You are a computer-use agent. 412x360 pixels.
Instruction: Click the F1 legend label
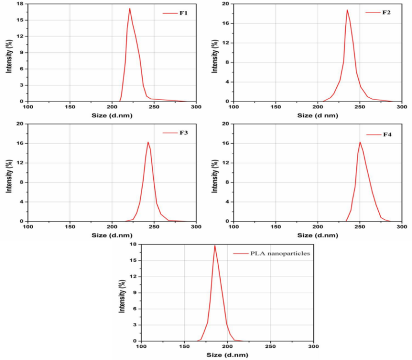point(184,13)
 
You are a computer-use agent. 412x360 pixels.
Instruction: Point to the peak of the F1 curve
point(130,8)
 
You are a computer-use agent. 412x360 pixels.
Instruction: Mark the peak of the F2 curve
point(347,10)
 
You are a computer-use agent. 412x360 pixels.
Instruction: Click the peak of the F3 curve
point(148,142)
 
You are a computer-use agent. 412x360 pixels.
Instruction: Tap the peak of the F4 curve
point(360,142)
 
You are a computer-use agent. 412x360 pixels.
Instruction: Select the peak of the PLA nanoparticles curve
point(215,245)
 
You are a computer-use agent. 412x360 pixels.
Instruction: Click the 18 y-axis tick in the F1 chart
point(21,4)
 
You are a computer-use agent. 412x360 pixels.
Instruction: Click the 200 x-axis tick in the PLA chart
point(227,347)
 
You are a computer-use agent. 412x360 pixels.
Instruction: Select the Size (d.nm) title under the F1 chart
point(112,115)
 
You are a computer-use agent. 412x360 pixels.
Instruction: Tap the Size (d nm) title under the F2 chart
point(318,115)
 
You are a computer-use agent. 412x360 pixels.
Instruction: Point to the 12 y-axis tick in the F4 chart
point(227,163)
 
